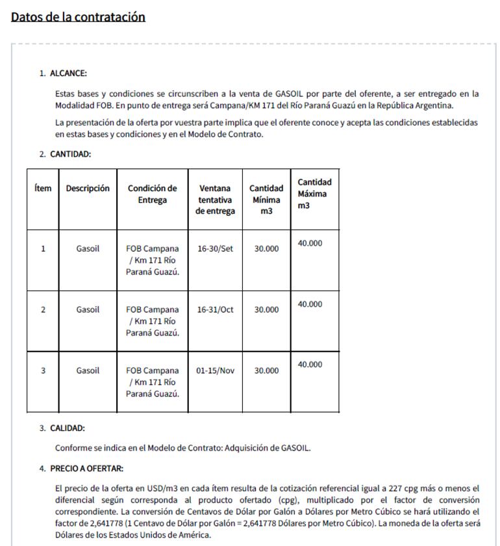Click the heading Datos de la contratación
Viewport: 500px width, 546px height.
tap(78, 17)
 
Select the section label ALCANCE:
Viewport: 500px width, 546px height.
tap(68, 73)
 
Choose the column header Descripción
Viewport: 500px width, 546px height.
tap(88, 188)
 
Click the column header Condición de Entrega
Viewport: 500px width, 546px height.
tap(152, 194)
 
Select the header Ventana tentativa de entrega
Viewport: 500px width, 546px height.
tap(216, 200)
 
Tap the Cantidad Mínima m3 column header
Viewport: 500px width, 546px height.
tap(266, 200)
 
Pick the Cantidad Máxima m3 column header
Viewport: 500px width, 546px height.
tap(314, 194)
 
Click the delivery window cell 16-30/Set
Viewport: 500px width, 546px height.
tap(215, 249)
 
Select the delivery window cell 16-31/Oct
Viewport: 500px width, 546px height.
tap(215, 310)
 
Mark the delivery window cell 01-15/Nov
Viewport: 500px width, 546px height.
tap(215, 370)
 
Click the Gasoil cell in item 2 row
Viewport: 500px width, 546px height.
tap(88, 310)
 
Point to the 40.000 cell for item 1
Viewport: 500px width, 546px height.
tap(310, 243)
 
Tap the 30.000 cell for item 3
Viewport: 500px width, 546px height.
tap(266, 370)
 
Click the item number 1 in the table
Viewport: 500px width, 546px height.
tap(43, 249)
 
